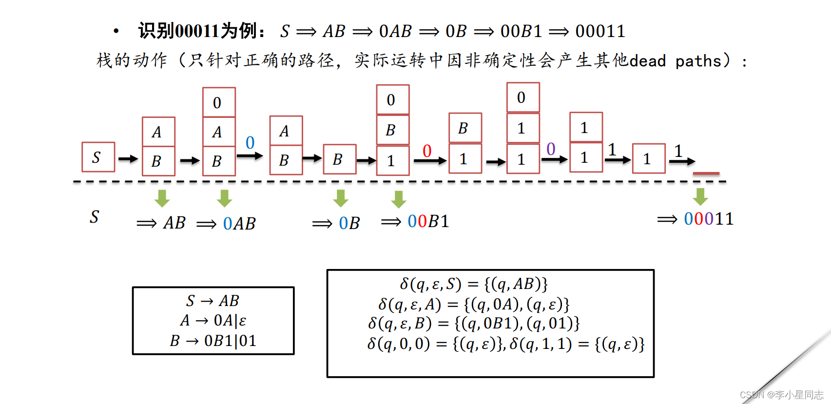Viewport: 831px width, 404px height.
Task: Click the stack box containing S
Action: coord(98,157)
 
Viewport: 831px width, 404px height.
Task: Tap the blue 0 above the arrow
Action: coord(250,142)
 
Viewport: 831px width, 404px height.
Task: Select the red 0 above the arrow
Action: coord(427,151)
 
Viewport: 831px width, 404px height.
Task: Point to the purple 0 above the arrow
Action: coord(551,149)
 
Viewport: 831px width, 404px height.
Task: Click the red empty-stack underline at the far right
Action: coord(706,173)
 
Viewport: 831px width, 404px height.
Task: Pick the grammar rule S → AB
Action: coord(213,301)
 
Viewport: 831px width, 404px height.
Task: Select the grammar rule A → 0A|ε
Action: coord(213,320)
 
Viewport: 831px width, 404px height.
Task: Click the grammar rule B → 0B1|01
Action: coord(213,341)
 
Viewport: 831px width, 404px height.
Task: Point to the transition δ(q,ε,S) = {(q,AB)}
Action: coord(474,284)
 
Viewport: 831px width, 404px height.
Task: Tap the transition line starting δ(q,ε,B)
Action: coord(474,324)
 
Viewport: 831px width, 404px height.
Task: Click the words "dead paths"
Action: coord(675,61)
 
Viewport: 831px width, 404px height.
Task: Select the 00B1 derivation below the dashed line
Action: coord(428,221)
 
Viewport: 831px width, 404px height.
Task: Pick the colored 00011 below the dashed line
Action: coord(709,219)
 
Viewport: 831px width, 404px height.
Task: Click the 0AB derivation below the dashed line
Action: coord(239,223)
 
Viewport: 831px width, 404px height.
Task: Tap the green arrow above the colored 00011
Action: coord(700,196)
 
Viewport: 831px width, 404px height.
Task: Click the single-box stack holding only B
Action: coord(340,159)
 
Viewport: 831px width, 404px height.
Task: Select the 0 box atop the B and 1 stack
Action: coord(392,100)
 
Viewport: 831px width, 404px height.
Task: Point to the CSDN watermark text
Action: coord(781,395)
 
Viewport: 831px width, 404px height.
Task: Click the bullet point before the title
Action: coord(116,32)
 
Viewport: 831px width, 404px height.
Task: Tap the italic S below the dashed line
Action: coord(95,216)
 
